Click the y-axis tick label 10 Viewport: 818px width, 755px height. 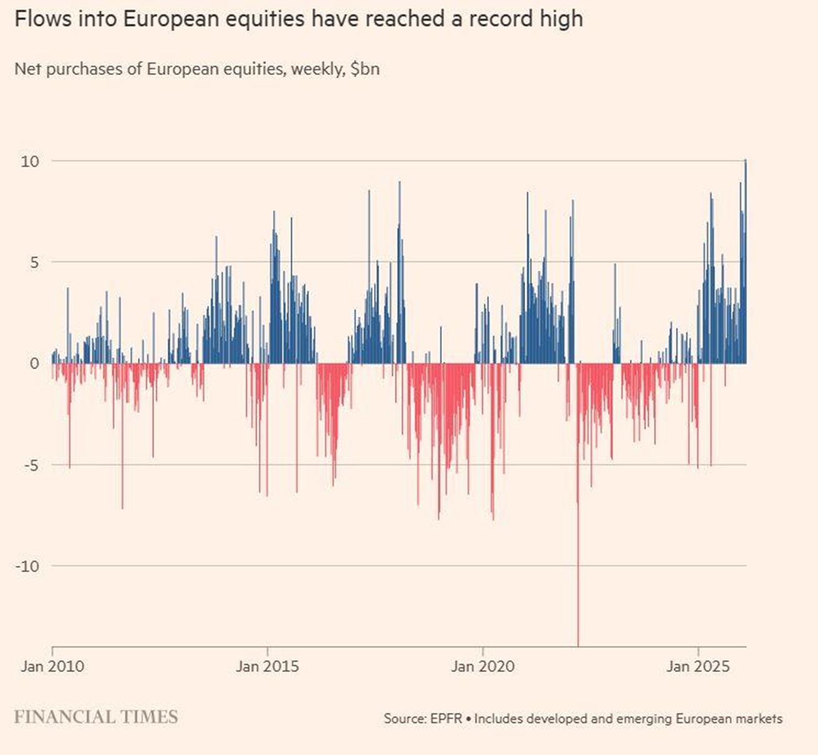pos(29,161)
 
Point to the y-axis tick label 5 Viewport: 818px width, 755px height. pos(33,262)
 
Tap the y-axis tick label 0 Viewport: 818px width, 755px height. pos(34,363)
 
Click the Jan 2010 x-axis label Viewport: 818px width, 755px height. pos(52,666)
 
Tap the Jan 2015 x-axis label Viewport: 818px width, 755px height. pos(267,666)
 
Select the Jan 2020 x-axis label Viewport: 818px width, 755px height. pos(483,666)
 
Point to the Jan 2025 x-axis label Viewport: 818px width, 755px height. pos(697,666)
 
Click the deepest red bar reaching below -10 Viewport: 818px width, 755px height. pos(578,593)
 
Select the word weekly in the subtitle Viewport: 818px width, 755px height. pos(317,68)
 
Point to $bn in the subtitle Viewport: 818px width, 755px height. pos(365,68)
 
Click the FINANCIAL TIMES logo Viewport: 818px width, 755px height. pos(96,717)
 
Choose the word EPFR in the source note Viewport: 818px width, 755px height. pos(446,719)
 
